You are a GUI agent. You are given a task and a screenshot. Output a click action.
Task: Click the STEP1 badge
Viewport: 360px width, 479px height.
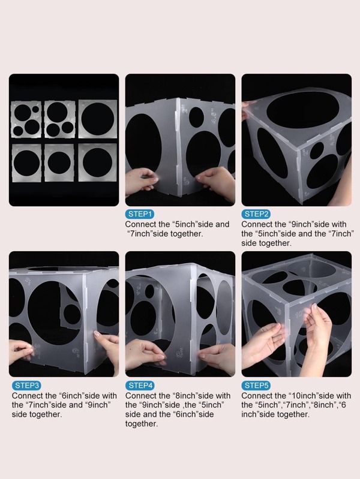pyautogui.click(x=140, y=214)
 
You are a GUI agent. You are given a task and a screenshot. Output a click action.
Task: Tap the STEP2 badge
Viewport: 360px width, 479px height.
pyautogui.click(x=256, y=214)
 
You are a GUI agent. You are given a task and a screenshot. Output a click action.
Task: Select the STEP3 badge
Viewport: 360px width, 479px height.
pyautogui.click(x=26, y=385)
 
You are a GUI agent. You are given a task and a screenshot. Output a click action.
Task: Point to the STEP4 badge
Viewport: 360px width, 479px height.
pyautogui.click(x=140, y=385)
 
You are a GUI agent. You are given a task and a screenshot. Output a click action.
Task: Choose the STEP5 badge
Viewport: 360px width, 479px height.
pyautogui.click(x=256, y=385)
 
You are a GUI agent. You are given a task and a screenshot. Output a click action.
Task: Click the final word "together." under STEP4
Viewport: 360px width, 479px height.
pyautogui.click(x=142, y=424)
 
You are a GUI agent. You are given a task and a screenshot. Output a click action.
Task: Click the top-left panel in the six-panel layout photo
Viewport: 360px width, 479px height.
pyautogui.click(x=26, y=119)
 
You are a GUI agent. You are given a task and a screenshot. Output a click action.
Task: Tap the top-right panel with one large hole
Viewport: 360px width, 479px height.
pyautogui.click(x=98, y=119)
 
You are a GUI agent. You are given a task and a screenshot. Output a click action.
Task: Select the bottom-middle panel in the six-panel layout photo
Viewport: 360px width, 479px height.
pyautogui.click(x=59, y=162)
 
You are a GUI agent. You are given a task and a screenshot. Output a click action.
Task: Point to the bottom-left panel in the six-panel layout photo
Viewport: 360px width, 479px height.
pyautogui.click(x=26, y=162)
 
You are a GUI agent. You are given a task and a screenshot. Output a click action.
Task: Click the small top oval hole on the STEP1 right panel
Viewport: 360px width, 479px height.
pyautogui.click(x=197, y=118)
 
